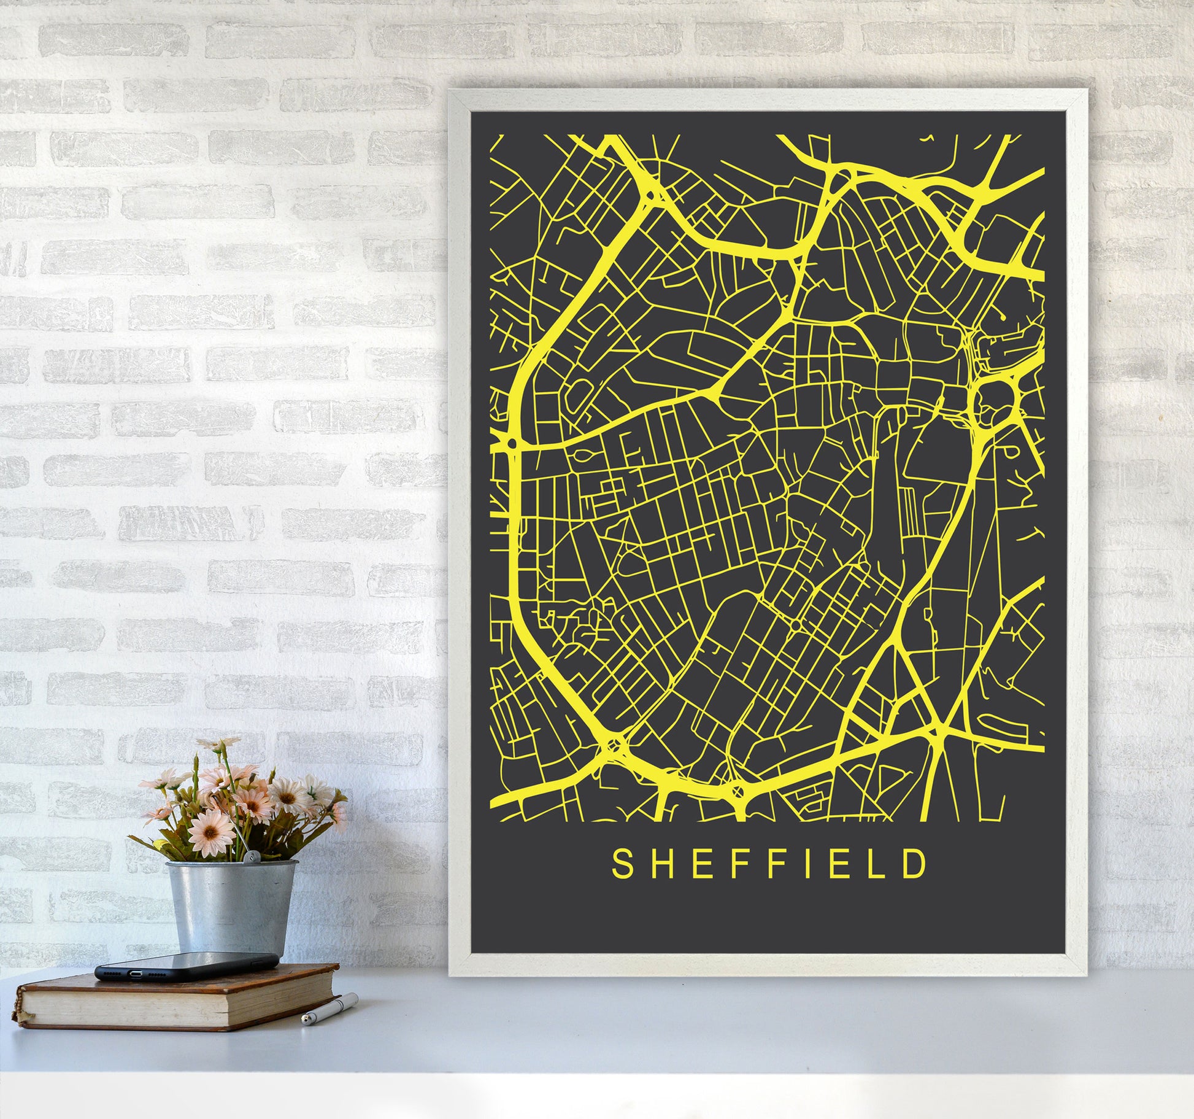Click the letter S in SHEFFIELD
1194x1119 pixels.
pos(621,864)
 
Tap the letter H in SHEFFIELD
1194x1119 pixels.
pos(658,864)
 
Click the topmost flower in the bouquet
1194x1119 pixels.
pos(214,744)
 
